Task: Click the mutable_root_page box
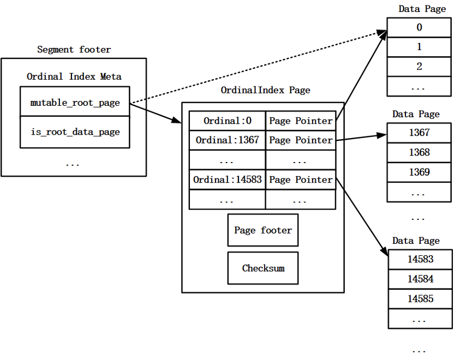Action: click(x=75, y=101)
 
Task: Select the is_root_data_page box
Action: click(x=75, y=132)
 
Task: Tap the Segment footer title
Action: click(x=74, y=50)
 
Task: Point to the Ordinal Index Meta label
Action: click(x=74, y=76)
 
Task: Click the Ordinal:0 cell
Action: click(x=228, y=121)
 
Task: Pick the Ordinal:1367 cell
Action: click(x=228, y=140)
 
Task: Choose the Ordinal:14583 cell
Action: click(x=228, y=179)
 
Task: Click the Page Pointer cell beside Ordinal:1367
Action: click(x=301, y=140)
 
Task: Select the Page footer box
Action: click(x=263, y=230)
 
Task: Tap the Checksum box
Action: click(x=263, y=268)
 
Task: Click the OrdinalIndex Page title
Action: click(x=265, y=90)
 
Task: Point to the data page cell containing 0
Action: click(x=419, y=27)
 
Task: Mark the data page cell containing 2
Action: click(x=419, y=67)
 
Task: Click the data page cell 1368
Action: click(x=419, y=153)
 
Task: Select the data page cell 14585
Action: click(x=420, y=299)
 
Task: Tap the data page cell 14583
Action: click(x=420, y=259)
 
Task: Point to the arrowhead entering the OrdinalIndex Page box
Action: click(x=176, y=120)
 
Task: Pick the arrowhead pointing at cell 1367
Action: click(x=382, y=135)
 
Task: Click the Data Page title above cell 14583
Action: click(x=416, y=241)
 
